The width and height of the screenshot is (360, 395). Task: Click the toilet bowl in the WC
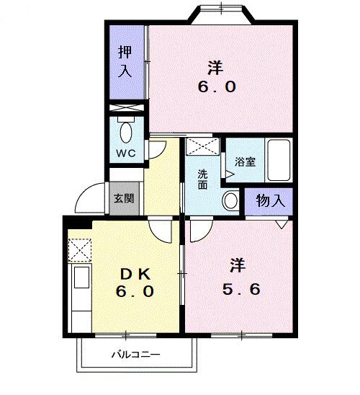click(127, 133)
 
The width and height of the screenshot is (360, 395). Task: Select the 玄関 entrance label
click(121, 197)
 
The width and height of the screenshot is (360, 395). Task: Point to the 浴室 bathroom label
click(246, 161)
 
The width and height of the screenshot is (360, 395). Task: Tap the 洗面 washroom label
click(204, 179)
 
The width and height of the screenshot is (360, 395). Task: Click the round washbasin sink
click(231, 200)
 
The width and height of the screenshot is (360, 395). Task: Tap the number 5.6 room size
click(240, 290)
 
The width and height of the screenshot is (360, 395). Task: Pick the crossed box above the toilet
click(127, 109)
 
